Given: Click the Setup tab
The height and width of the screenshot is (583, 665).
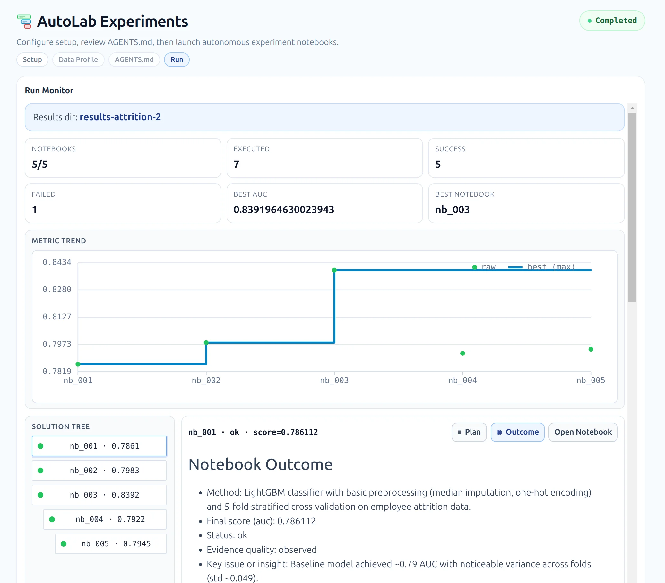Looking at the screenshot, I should point(32,59).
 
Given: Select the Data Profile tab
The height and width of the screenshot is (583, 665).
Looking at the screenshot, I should point(78,59).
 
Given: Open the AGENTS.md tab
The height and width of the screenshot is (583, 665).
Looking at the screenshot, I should point(134,59).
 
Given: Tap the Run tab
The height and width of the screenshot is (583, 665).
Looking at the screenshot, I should point(177,59).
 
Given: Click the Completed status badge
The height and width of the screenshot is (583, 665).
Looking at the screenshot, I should point(612,21).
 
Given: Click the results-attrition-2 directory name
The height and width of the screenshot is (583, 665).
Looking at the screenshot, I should point(120,117).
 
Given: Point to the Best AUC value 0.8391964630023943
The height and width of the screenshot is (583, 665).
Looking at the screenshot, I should point(283,210).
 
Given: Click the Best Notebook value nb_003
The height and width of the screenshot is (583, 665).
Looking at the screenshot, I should point(452,210).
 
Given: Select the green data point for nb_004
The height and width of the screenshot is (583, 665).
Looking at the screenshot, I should point(462,353).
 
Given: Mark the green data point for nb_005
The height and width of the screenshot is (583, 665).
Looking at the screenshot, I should point(591,349).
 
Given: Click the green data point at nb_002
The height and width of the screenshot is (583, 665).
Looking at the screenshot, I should point(206,342).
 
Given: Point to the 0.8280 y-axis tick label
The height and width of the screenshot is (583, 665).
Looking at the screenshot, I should point(57,289).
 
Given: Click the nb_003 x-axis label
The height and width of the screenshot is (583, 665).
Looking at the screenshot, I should point(334,380).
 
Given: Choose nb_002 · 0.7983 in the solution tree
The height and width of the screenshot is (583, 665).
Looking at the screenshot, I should point(99,471).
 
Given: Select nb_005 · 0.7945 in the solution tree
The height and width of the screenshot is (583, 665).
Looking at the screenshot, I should point(110,544).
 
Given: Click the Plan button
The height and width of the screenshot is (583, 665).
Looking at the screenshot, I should point(469,432).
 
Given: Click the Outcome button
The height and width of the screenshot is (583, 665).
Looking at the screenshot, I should point(517,432).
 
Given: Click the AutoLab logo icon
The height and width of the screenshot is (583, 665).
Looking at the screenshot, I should point(24,22).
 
